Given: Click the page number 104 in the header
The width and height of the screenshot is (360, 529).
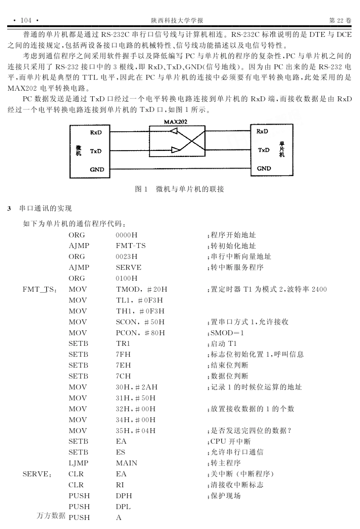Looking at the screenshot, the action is click(x=26, y=20).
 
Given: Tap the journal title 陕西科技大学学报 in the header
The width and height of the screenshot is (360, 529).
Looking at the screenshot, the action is click(x=177, y=20).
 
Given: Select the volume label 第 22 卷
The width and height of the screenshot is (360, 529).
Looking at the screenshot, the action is click(x=340, y=20).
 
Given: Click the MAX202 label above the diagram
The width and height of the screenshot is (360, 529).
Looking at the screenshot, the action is click(x=175, y=122).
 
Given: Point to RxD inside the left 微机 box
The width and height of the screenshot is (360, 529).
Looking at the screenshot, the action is click(x=96, y=133).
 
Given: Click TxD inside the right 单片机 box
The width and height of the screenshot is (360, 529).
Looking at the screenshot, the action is click(x=264, y=150).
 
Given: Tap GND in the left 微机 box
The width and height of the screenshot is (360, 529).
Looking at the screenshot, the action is click(x=97, y=170).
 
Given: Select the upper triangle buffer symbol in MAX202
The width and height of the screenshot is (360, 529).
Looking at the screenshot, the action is click(x=174, y=131).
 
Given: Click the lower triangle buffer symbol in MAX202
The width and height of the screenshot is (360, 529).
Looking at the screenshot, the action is click(x=175, y=150).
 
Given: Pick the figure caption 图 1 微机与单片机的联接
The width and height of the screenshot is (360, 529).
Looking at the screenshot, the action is click(x=180, y=189).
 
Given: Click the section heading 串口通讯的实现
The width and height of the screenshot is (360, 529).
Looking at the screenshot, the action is click(x=45, y=209).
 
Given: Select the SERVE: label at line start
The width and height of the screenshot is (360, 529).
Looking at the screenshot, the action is click(x=37, y=474).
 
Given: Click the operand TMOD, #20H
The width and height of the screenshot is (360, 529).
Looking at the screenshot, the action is click(x=141, y=289).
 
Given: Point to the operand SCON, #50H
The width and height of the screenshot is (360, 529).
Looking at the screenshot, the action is click(x=140, y=322).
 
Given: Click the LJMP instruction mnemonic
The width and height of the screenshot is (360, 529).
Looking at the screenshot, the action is click(x=78, y=463).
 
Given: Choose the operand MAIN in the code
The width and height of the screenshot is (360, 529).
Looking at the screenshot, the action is click(x=127, y=463).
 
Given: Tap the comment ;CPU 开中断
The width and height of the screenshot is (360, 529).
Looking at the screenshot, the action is click(x=229, y=441).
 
